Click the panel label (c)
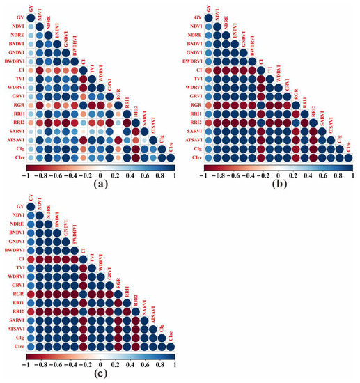click(100, 375)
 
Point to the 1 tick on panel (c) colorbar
click(175, 364)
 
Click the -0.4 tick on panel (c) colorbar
click(70, 364)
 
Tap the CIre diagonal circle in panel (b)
click(348, 159)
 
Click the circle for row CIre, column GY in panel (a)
click(31, 159)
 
